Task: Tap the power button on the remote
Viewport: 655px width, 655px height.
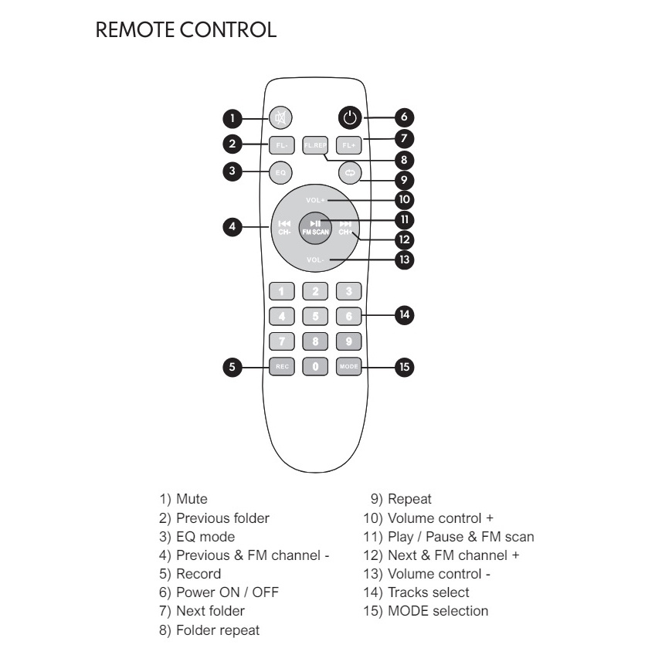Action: tap(350, 118)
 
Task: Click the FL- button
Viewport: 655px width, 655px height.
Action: tap(280, 144)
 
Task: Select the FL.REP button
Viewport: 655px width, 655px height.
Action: tap(315, 144)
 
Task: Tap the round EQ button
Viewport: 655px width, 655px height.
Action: tap(280, 172)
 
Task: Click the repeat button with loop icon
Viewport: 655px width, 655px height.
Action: tap(349, 172)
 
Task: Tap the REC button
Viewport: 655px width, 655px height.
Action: tap(280, 367)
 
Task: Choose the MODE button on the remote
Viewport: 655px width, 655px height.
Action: tap(349, 367)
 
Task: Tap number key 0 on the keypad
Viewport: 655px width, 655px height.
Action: tap(315, 367)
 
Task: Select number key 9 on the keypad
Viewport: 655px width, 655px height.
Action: tap(349, 341)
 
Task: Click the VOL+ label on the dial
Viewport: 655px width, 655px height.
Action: tap(316, 200)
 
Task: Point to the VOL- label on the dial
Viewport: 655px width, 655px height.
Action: tap(316, 260)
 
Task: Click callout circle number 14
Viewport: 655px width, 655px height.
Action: tap(404, 315)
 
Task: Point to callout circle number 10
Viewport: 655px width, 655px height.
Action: tap(403, 199)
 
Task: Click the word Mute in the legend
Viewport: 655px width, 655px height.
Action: tap(192, 500)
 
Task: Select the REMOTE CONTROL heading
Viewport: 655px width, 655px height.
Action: tap(185, 31)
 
